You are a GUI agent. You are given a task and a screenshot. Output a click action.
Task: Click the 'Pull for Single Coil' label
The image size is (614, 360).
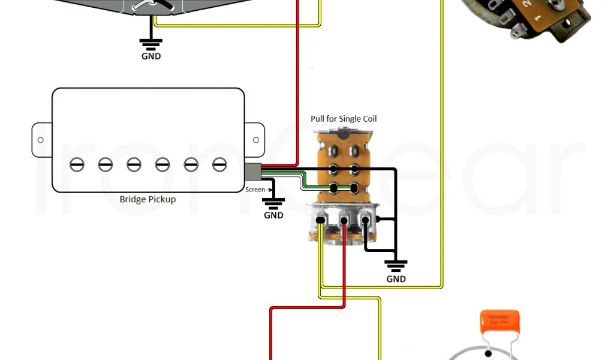[344, 119]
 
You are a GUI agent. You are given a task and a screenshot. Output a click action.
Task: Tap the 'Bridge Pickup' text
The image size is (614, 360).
[148, 199]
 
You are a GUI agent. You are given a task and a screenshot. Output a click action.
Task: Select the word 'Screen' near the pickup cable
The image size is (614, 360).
[254, 190]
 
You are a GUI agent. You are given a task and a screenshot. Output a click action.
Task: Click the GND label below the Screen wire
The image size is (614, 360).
[273, 215]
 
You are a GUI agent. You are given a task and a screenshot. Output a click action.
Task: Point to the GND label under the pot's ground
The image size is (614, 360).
[396, 278]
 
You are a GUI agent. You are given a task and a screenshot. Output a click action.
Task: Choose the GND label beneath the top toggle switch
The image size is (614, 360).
[151, 56]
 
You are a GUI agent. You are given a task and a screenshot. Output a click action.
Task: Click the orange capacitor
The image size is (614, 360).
[500, 321]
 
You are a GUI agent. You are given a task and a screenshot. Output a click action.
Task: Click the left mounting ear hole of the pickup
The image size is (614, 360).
[40, 140]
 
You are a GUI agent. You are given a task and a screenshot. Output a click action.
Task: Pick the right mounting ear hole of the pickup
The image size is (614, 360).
[256, 140]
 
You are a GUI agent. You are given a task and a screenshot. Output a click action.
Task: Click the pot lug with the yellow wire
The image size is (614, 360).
[321, 221]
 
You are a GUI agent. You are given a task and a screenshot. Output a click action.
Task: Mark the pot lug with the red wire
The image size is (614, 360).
[344, 221]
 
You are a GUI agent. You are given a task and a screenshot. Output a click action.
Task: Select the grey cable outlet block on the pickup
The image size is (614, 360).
[252, 172]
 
